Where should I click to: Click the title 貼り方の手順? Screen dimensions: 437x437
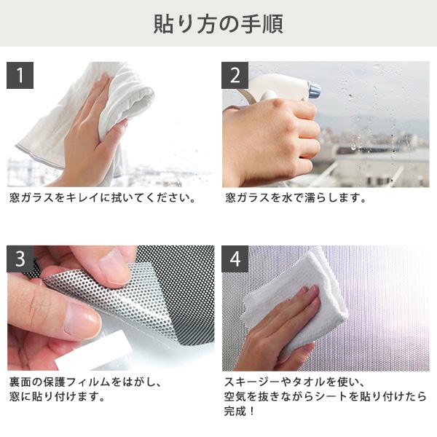[x=218, y=23]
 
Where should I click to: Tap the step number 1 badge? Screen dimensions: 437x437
[x=20, y=75]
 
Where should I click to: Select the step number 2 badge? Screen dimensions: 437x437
[x=235, y=75]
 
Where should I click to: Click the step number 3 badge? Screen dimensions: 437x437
[x=20, y=259]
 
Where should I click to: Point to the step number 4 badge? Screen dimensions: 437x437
[x=235, y=259]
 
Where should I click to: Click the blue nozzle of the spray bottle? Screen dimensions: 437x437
[x=314, y=90]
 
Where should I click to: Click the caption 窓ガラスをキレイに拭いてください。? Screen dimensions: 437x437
[x=103, y=197]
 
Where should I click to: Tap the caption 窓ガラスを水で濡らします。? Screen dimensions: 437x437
[x=294, y=197]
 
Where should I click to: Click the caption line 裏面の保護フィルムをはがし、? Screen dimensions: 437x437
[x=84, y=381]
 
